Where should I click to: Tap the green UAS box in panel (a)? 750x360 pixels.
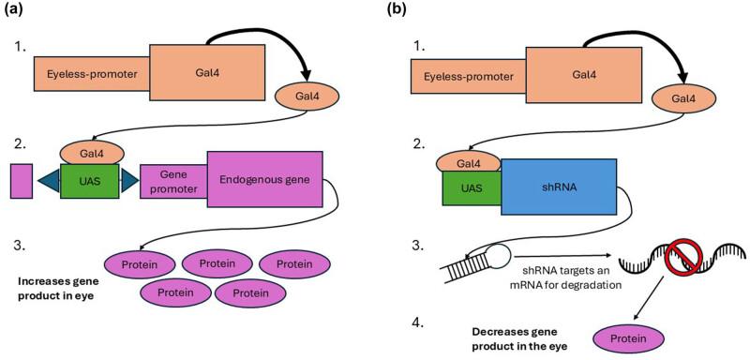click(90, 179)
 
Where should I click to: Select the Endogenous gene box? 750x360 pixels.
click(265, 179)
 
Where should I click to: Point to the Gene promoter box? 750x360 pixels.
click(172, 179)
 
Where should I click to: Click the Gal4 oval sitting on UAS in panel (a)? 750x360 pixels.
click(89, 152)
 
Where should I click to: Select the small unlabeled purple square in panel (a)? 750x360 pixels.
click(22, 180)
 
